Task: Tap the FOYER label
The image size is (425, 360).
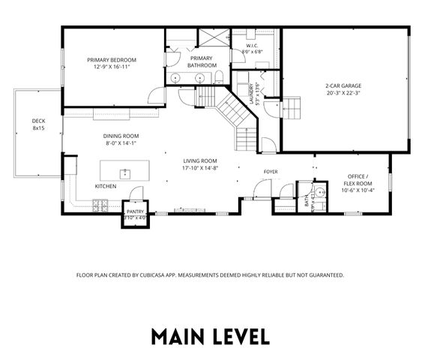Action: tap(270, 172)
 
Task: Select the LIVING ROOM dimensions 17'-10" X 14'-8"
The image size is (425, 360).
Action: tap(200, 169)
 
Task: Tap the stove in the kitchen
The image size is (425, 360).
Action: tap(100, 202)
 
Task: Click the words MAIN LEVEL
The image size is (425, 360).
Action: tap(211, 335)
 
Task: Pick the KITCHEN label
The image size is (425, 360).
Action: tap(105, 186)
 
